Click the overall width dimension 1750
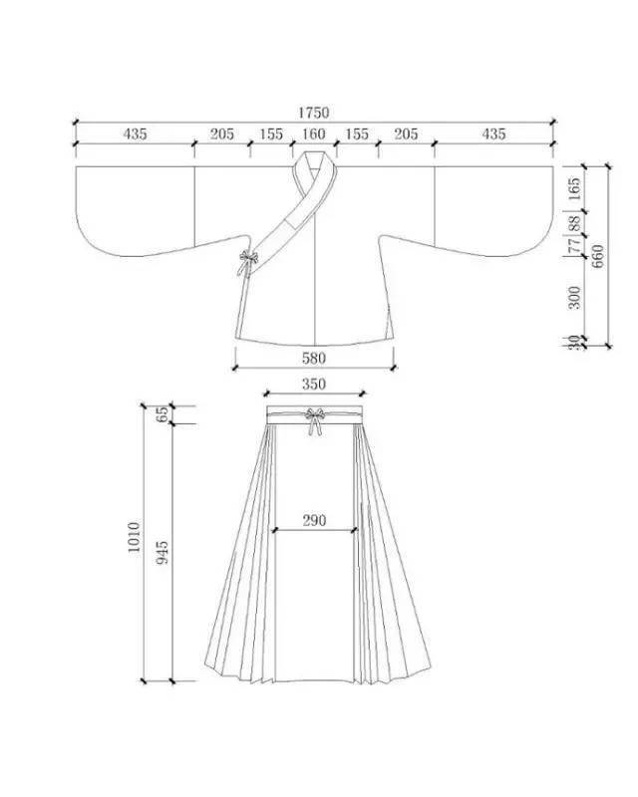(x=313, y=113)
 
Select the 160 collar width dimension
(x=313, y=133)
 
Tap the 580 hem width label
(x=313, y=357)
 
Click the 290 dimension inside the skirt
(x=314, y=520)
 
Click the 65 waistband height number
(x=163, y=415)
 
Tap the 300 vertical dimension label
(x=573, y=296)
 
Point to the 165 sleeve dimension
(x=573, y=189)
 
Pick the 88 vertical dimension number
(x=573, y=225)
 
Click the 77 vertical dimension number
(x=573, y=245)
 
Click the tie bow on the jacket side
(x=245, y=263)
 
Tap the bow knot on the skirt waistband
(x=315, y=418)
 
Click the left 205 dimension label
(x=221, y=133)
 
